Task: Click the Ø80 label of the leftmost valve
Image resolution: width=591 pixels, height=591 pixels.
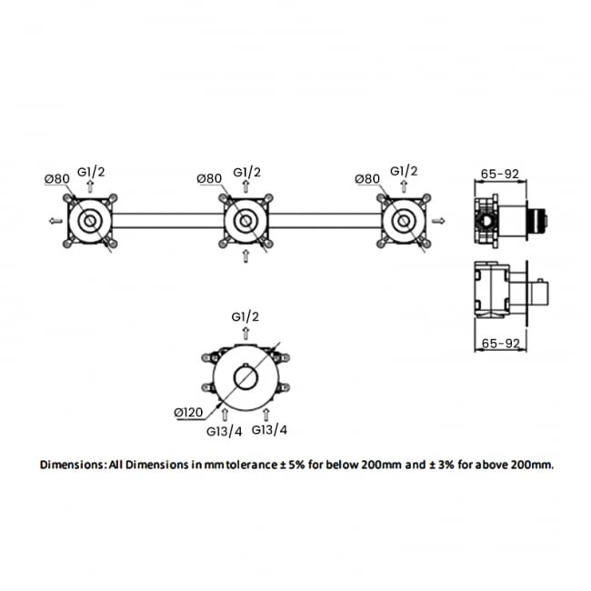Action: click(x=56, y=179)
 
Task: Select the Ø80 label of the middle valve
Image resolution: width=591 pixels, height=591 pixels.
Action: click(x=211, y=179)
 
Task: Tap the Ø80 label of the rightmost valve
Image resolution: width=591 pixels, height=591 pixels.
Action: click(x=367, y=179)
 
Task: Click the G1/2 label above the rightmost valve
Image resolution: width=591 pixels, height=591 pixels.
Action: click(x=404, y=171)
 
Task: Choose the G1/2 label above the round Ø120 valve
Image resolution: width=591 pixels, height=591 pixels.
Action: click(x=245, y=316)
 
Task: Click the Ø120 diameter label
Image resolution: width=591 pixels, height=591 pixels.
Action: click(x=187, y=412)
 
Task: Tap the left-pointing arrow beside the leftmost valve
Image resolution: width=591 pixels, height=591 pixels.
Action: click(x=54, y=221)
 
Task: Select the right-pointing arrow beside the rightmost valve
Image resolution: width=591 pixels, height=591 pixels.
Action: click(x=440, y=220)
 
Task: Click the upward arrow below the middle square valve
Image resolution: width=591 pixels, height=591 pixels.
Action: click(x=245, y=257)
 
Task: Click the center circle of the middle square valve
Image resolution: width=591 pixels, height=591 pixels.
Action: click(x=245, y=221)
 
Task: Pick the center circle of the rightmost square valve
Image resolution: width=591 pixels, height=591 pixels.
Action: click(x=402, y=221)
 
